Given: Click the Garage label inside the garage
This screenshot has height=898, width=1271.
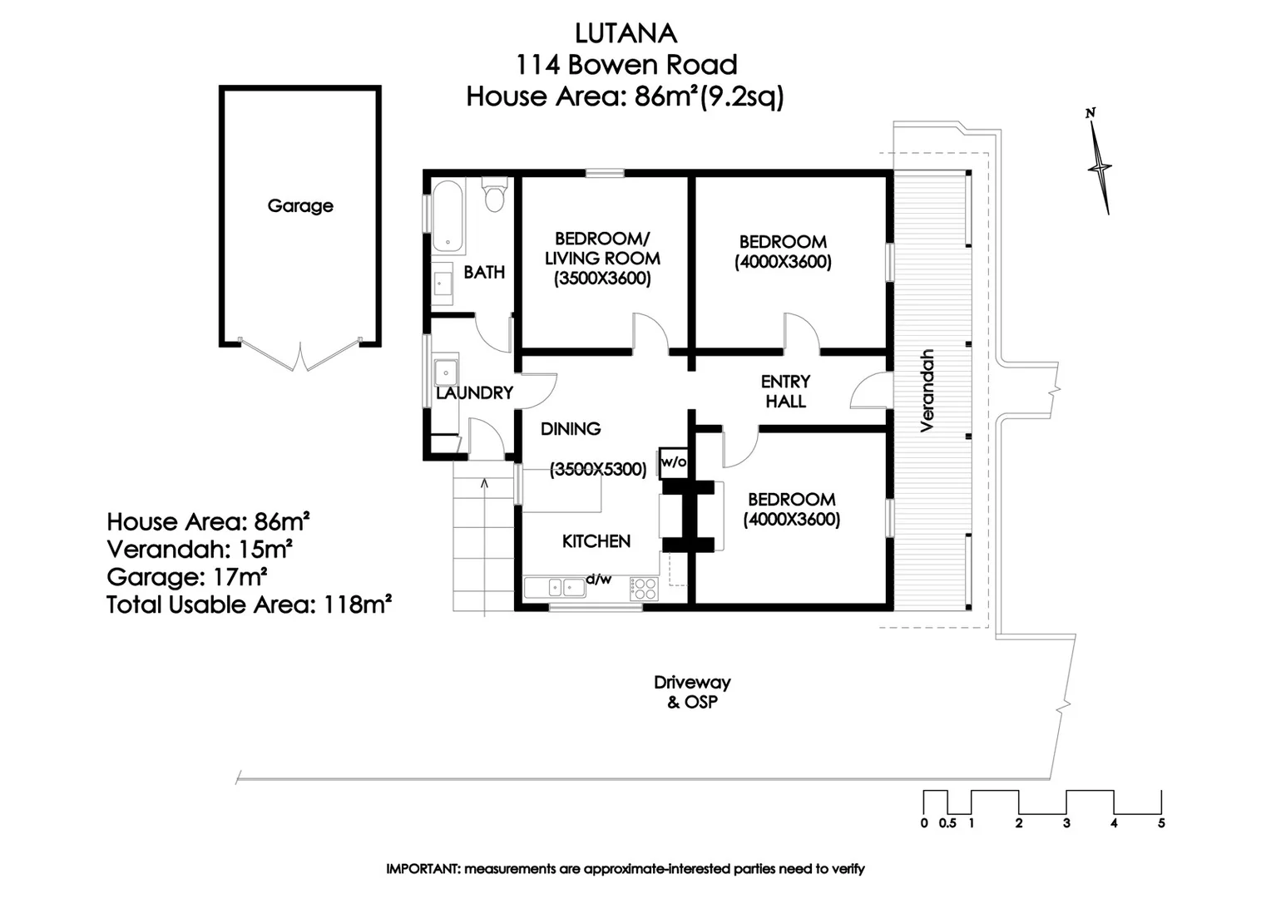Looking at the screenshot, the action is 300,205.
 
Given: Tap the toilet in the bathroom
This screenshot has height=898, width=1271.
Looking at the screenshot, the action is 494,194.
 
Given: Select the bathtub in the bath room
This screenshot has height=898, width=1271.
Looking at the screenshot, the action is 448,216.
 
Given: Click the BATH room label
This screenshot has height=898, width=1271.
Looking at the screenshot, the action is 484,272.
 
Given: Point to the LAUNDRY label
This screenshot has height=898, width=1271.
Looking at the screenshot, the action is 474,392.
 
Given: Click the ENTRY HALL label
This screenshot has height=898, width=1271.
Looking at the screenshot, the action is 786,392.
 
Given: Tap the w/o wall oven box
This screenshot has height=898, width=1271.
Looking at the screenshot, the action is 674,462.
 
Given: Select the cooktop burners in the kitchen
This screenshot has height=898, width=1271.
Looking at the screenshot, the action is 644,588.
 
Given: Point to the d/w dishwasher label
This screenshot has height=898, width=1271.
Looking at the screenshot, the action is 599,580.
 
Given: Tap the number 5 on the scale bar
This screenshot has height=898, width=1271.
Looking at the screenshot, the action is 1161,823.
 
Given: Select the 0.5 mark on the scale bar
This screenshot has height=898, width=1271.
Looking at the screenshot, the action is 947,823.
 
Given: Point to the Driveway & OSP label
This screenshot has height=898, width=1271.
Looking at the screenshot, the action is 692,692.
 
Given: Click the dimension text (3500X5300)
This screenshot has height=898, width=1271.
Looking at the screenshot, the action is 598,469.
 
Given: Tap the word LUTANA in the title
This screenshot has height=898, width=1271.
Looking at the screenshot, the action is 626,34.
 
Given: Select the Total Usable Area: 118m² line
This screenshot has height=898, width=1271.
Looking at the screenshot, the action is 249,604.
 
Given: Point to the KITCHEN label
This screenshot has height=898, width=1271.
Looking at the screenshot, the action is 596,541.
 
